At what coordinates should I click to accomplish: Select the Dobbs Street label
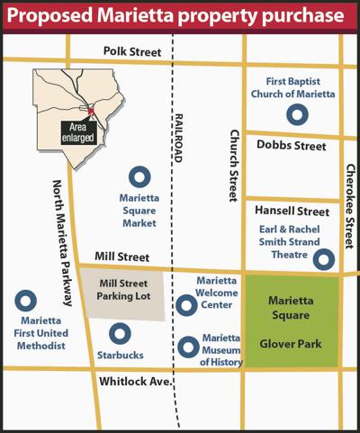click(x=292, y=144)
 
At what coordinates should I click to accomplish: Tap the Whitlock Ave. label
click(x=134, y=382)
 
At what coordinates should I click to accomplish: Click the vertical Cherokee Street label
click(x=349, y=206)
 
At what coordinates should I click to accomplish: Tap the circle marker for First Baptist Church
click(x=294, y=114)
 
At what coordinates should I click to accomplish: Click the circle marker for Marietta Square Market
click(x=139, y=177)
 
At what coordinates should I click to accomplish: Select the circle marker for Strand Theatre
click(x=323, y=259)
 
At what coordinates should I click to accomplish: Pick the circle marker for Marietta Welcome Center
click(x=186, y=305)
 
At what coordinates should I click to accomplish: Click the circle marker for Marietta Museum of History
click(x=187, y=346)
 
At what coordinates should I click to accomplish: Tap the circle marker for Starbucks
click(x=120, y=332)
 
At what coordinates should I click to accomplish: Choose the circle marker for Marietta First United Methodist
click(x=28, y=302)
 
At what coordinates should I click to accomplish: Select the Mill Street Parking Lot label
click(x=121, y=290)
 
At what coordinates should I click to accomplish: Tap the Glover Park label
click(x=292, y=342)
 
